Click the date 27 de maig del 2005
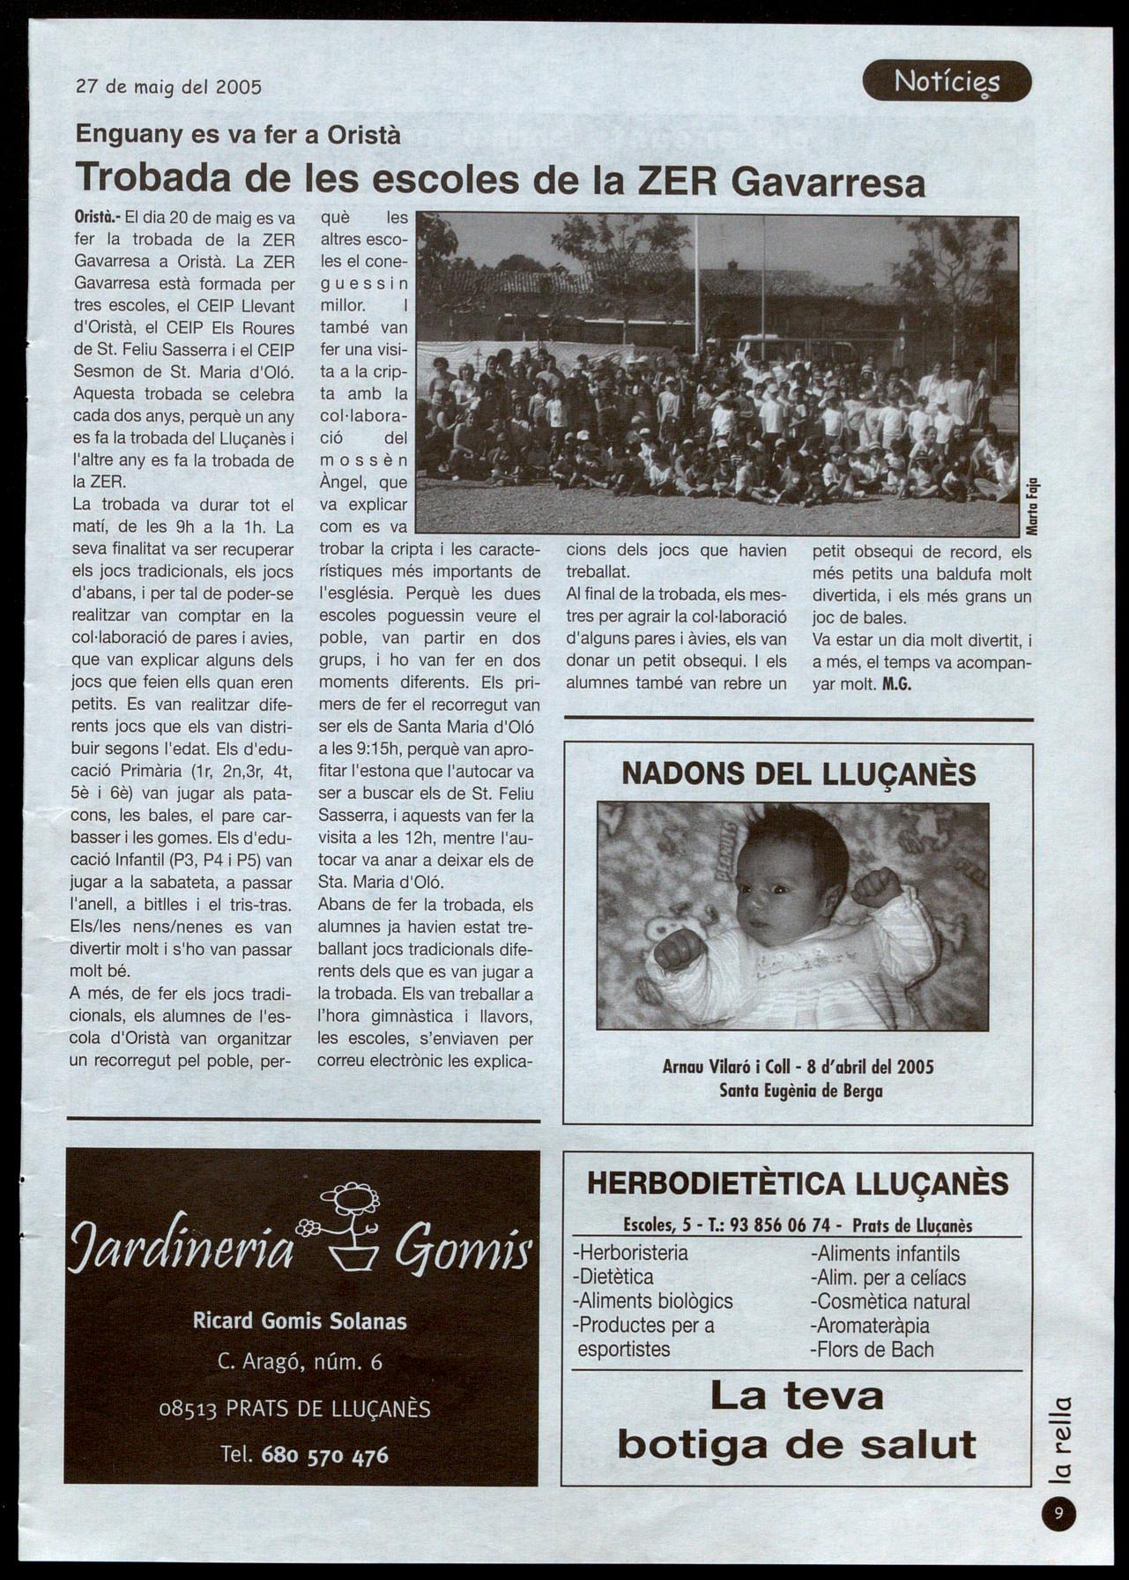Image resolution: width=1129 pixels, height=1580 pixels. [169, 86]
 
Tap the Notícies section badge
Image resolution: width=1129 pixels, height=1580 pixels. [947, 82]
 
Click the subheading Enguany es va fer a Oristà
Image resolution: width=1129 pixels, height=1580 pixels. [238, 135]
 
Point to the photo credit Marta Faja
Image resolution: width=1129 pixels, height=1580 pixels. [1032, 505]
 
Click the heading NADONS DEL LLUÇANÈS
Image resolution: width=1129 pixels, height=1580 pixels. [798, 774]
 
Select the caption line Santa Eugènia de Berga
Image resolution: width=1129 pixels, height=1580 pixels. [800, 1091]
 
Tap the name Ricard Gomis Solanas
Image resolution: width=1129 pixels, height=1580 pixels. [300, 1321]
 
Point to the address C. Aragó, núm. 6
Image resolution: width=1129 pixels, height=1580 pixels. [300, 1362]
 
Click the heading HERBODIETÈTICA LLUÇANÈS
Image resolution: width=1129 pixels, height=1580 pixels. [798, 1183]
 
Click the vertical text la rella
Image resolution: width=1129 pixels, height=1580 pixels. [1061, 1439]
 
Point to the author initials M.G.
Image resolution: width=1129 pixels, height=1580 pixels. [896, 684]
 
